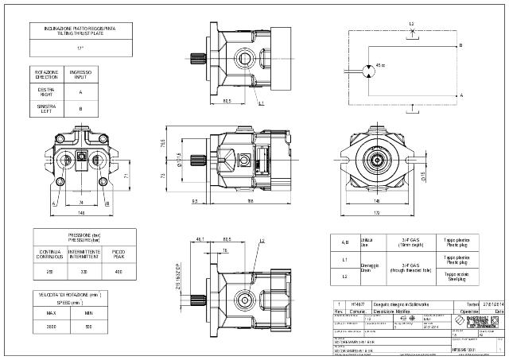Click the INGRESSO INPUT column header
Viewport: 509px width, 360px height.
pos(80,75)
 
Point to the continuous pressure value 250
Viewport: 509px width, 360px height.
pos(49,272)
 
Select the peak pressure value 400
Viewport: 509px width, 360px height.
pos(118,272)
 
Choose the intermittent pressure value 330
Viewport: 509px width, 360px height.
pos(84,272)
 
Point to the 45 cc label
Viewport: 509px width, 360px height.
pos(381,65)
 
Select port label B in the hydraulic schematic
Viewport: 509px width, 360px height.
pos(460,46)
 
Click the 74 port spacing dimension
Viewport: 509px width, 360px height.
pos(80,203)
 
